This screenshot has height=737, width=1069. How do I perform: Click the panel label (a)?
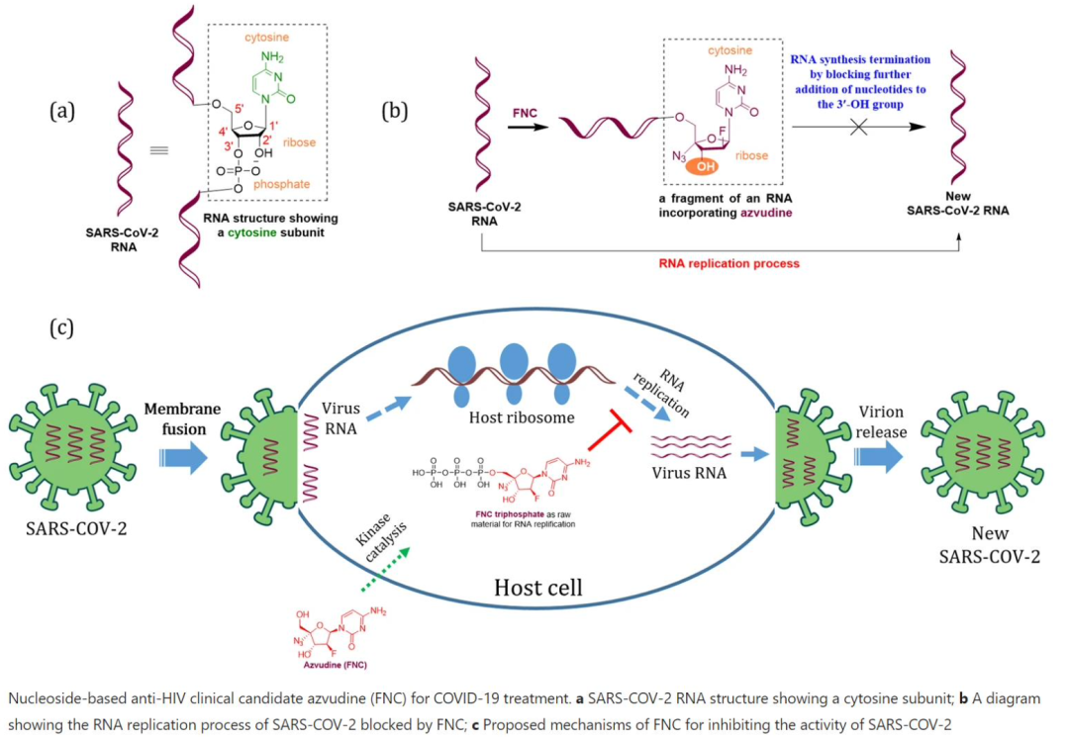click(x=62, y=111)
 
